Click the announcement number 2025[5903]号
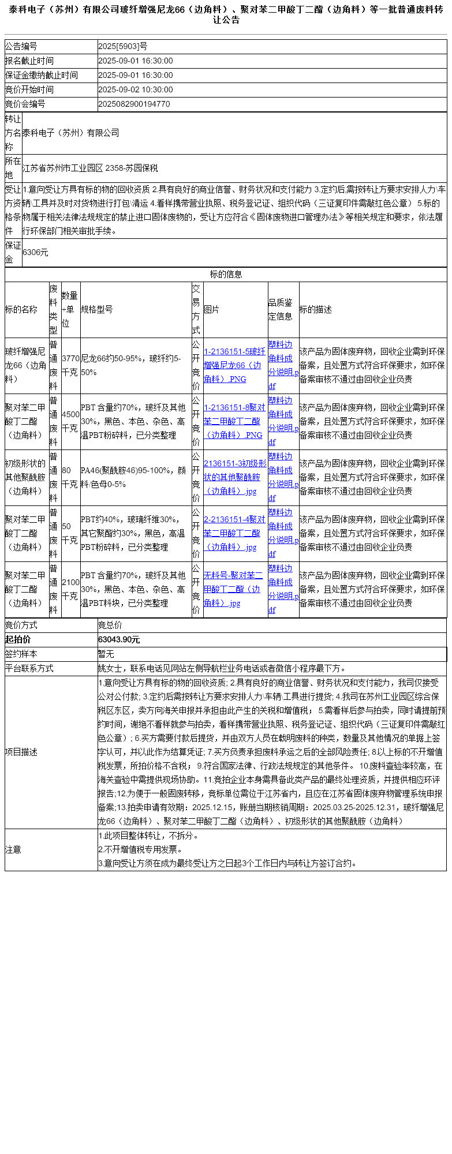[x=122, y=46]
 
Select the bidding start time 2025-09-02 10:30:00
[x=135, y=89]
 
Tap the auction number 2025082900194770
[x=134, y=104]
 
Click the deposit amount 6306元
[x=35, y=252]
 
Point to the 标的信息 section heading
[x=226, y=274]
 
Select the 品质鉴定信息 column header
[x=281, y=309]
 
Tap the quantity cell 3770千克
[x=70, y=365]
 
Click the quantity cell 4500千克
[x=70, y=421]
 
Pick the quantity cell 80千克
[x=70, y=477]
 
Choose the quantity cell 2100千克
[x=70, y=589]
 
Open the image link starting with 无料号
[x=233, y=589]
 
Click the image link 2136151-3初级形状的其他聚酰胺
[x=234, y=477]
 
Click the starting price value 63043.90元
[x=119, y=639]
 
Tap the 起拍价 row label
[x=18, y=639]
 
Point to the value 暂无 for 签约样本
[x=106, y=654]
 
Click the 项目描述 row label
[x=21, y=752]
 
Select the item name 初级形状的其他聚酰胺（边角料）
[x=26, y=477]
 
